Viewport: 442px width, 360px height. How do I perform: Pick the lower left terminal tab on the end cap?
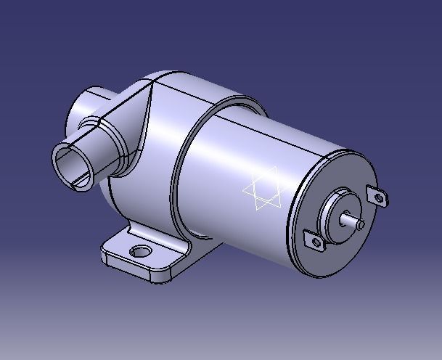coord(313,241)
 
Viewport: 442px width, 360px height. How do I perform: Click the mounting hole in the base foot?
coord(139,252)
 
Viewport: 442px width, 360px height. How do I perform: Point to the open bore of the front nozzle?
coord(73,165)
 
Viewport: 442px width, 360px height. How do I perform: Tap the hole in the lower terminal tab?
coord(314,242)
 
